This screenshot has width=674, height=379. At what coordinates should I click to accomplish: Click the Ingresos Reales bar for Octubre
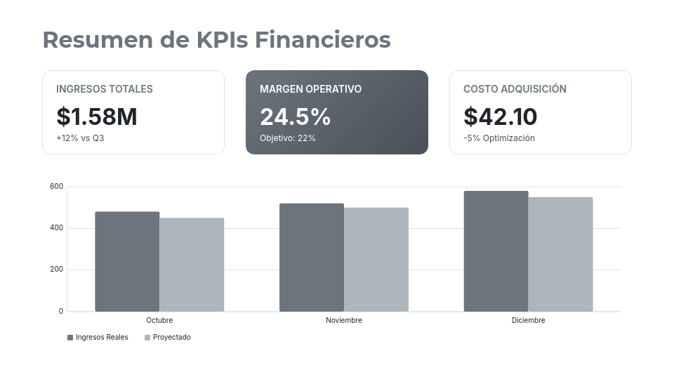click(x=127, y=261)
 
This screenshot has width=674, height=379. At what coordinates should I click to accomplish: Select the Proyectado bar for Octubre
click(x=192, y=265)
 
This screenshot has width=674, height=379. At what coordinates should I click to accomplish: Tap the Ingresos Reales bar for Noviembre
click(x=312, y=258)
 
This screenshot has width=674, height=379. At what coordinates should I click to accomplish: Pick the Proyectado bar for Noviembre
click(x=376, y=260)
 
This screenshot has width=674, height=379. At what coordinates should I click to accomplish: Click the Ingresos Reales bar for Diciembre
click(x=496, y=251)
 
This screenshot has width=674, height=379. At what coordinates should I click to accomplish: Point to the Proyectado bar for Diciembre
click(x=560, y=254)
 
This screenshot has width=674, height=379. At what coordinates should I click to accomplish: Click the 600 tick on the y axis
click(x=56, y=187)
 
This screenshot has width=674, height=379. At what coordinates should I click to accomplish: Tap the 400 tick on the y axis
click(x=56, y=228)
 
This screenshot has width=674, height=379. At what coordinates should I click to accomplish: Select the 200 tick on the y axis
click(x=56, y=270)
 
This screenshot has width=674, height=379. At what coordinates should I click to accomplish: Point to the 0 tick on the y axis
click(x=60, y=311)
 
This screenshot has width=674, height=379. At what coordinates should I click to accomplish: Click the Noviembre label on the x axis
click(x=344, y=321)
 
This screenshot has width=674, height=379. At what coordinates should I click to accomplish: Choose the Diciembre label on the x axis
click(x=528, y=321)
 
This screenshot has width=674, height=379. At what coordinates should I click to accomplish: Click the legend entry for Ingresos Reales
click(x=98, y=338)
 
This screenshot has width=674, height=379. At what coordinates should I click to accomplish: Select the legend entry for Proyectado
click(x=168, y=338)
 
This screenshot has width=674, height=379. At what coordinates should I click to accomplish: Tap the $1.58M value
click(x=97, y=117)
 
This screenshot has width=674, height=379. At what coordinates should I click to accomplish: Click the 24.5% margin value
click(x=295, y=117)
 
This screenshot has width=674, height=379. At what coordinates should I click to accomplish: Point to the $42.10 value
click(x=501, y=117)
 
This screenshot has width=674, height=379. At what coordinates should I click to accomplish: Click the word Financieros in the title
click(x=322, y=40)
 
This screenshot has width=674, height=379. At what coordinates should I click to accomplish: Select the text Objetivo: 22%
click(x=288, y=138)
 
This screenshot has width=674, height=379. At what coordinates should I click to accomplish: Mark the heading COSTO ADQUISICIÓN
click(x=515, y=89)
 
